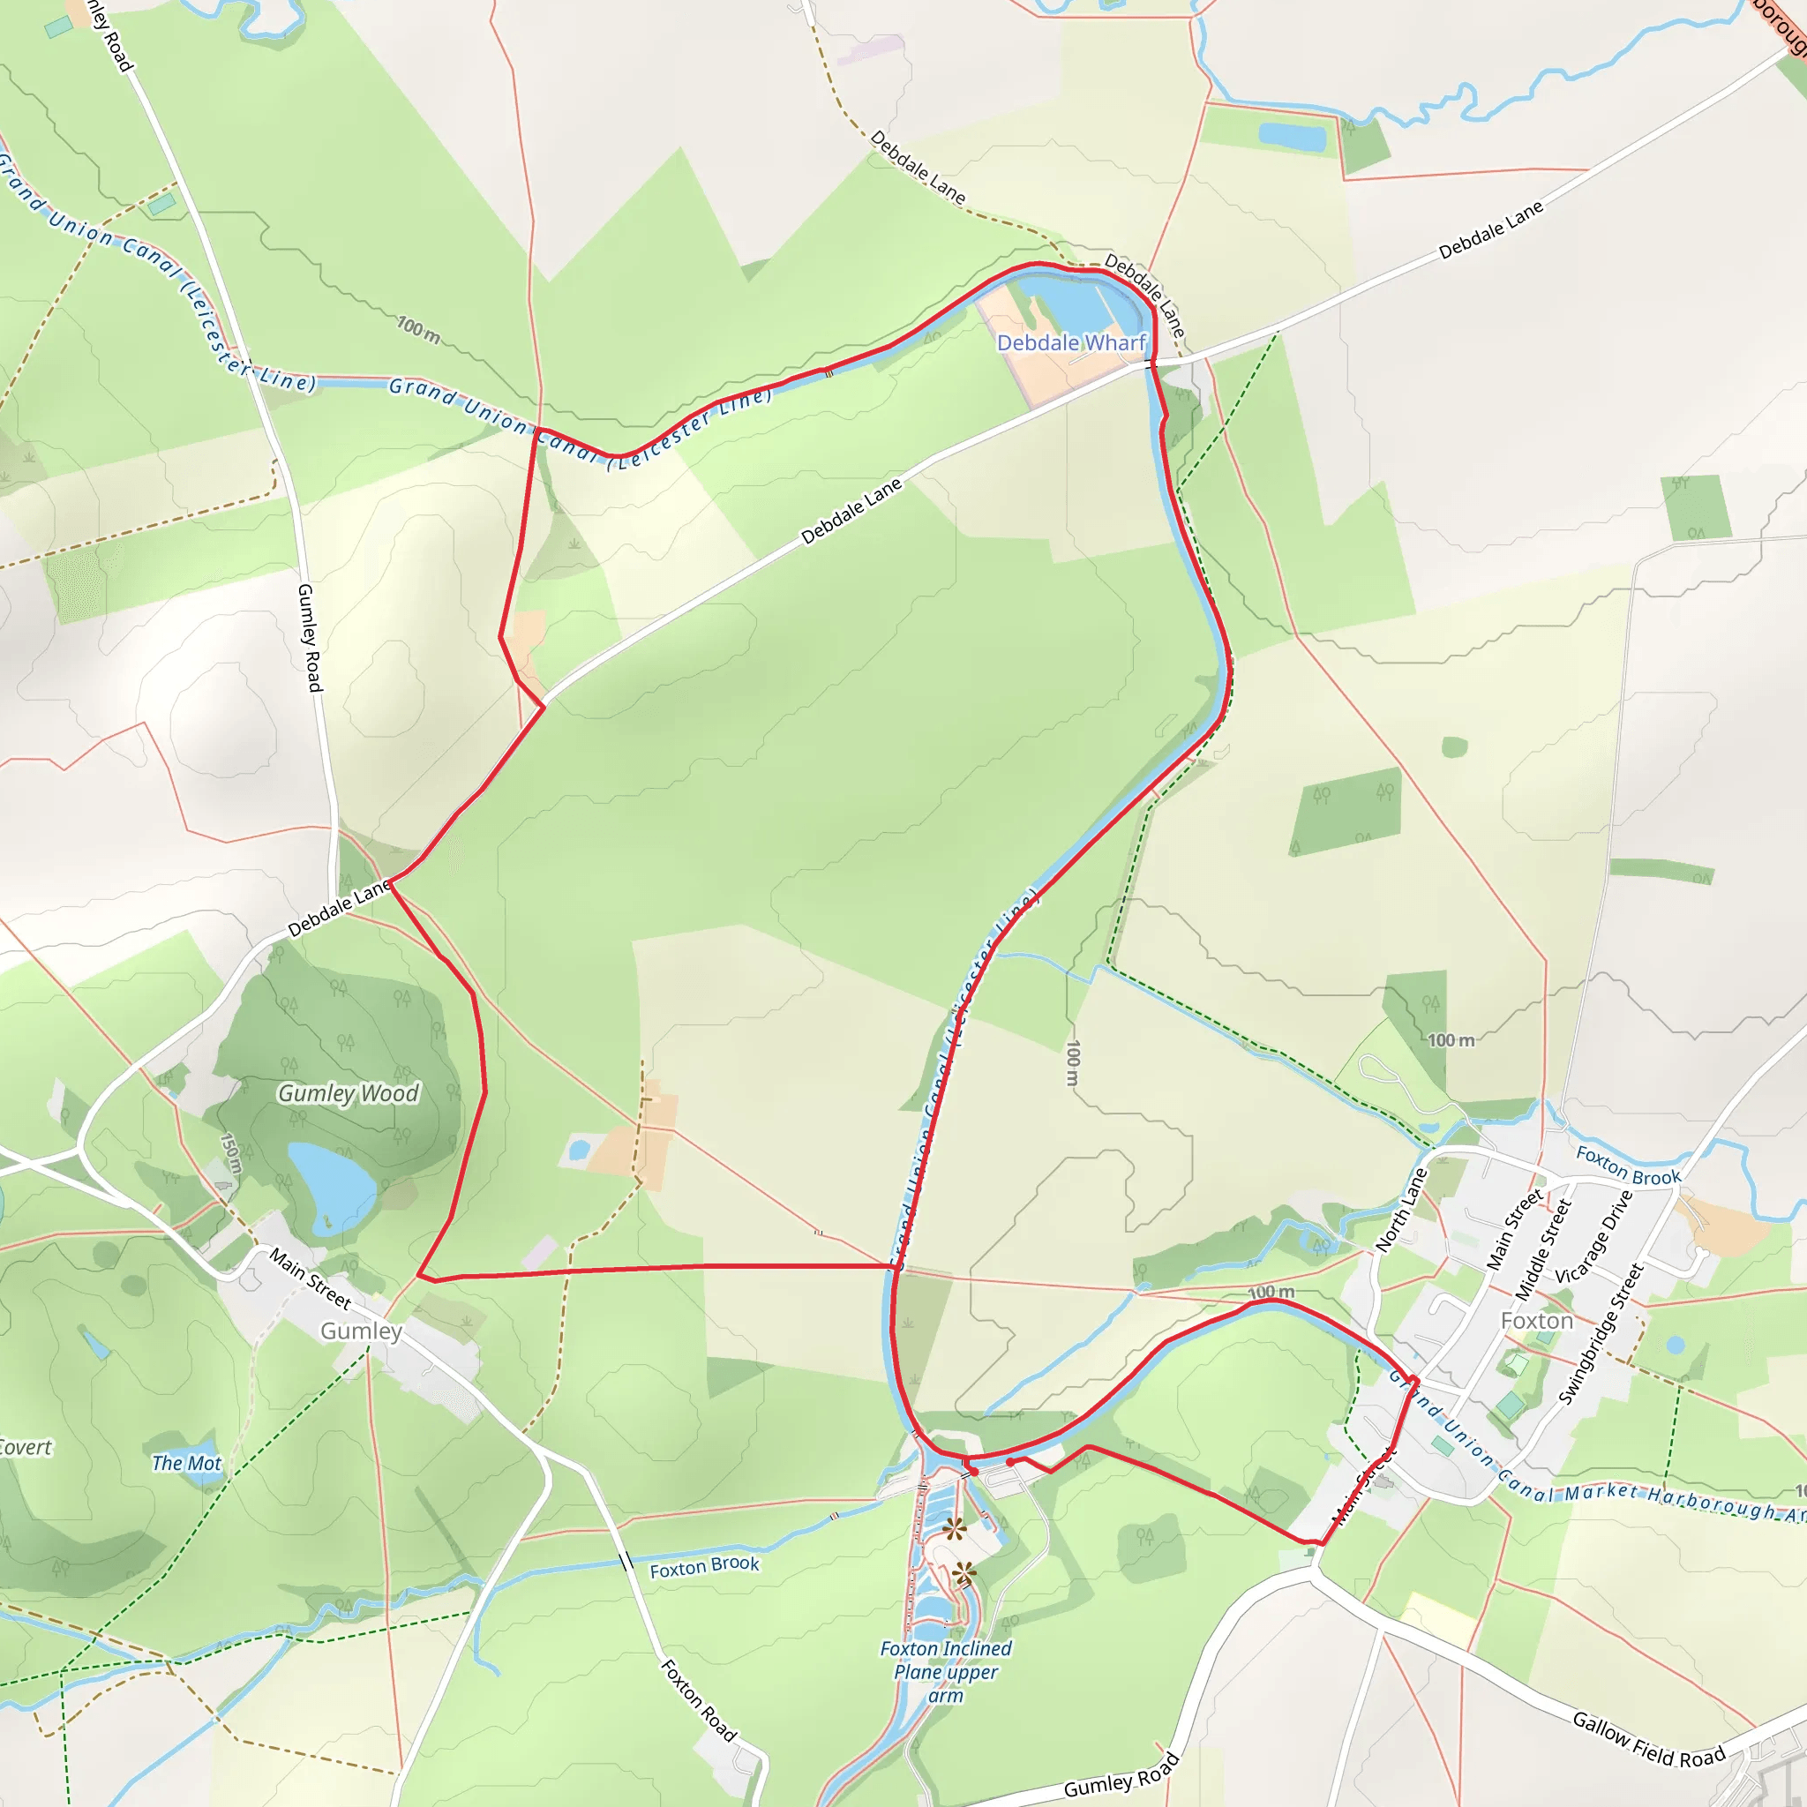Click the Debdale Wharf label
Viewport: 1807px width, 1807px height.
point(1071,343)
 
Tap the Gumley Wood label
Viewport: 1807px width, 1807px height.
point(348,1093)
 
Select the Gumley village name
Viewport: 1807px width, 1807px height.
point(361,1331)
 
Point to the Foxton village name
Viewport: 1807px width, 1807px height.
point(1537,1321)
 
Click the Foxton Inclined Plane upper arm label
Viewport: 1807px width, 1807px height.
point(946,1671)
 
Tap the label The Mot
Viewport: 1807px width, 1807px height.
point(186,1464)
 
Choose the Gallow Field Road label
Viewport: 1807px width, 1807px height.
point(1648,1739)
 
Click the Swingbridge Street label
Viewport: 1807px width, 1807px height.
point(1601,1334)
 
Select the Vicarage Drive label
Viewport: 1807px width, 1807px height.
point(1593,1236)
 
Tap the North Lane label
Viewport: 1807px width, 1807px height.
point(1401,1211)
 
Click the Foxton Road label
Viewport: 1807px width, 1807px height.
point(699,1700)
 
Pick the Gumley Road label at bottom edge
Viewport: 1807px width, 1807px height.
point(1121,1775)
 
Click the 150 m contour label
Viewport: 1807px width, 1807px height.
point(230,1153)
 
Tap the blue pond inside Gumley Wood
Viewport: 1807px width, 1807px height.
point(329,1186)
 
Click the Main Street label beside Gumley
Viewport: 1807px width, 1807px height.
point(310,1278)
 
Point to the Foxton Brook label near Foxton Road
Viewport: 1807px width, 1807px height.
point(704,1567)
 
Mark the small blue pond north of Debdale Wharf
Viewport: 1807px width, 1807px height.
point(1292,138)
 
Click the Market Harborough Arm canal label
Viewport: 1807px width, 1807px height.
point(1674,1500)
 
